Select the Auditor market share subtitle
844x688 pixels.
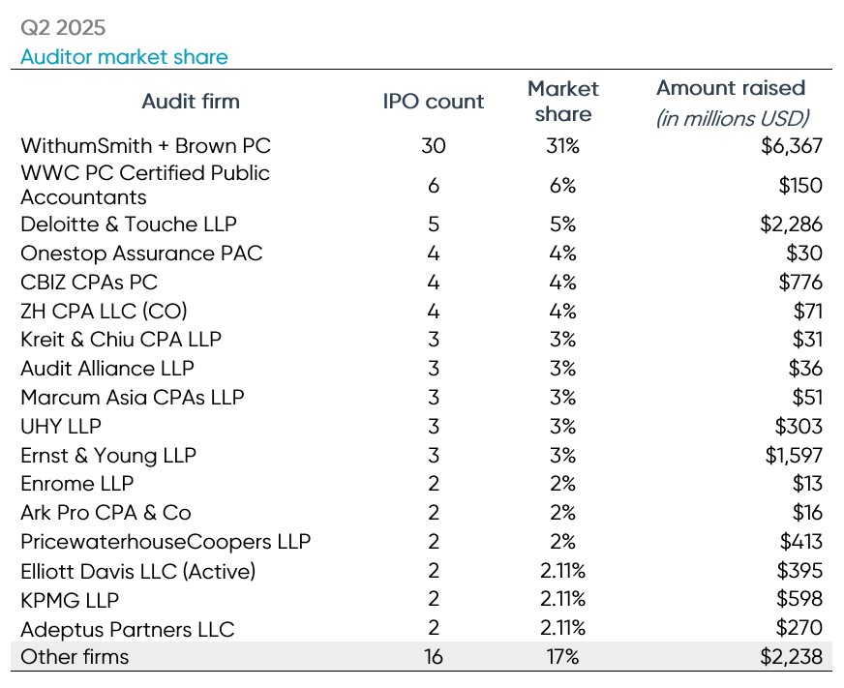[124, 57]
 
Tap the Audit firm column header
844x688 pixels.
[191, 101]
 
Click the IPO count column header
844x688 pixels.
[433, 101]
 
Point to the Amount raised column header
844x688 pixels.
[731, 88]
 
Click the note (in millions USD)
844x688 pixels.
[733, 118]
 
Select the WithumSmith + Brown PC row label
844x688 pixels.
[145, 146]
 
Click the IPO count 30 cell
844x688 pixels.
[433, 146]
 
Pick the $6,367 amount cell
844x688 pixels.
[791, 146]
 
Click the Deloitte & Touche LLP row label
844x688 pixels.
[129, 224]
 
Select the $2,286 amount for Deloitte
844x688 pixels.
[791, 224]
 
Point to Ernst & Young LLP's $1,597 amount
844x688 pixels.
[792, 455]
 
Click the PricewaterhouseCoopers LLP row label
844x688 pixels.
[166, 542]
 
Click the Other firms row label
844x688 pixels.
[75, 657]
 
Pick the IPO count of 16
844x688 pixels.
[433, 657]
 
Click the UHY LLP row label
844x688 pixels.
[61, 426]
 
